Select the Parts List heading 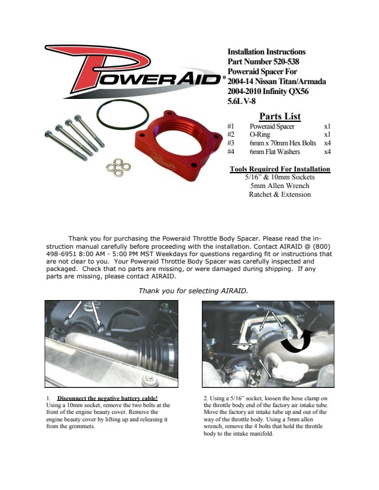click(280, 116)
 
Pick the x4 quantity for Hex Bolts click(327, 142)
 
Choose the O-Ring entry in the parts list click(259, 134)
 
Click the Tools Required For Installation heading click(280, 168)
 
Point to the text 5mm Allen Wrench click(280, 186)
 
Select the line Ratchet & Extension click(280, 194)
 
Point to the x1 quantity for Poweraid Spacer click(327, 126)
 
